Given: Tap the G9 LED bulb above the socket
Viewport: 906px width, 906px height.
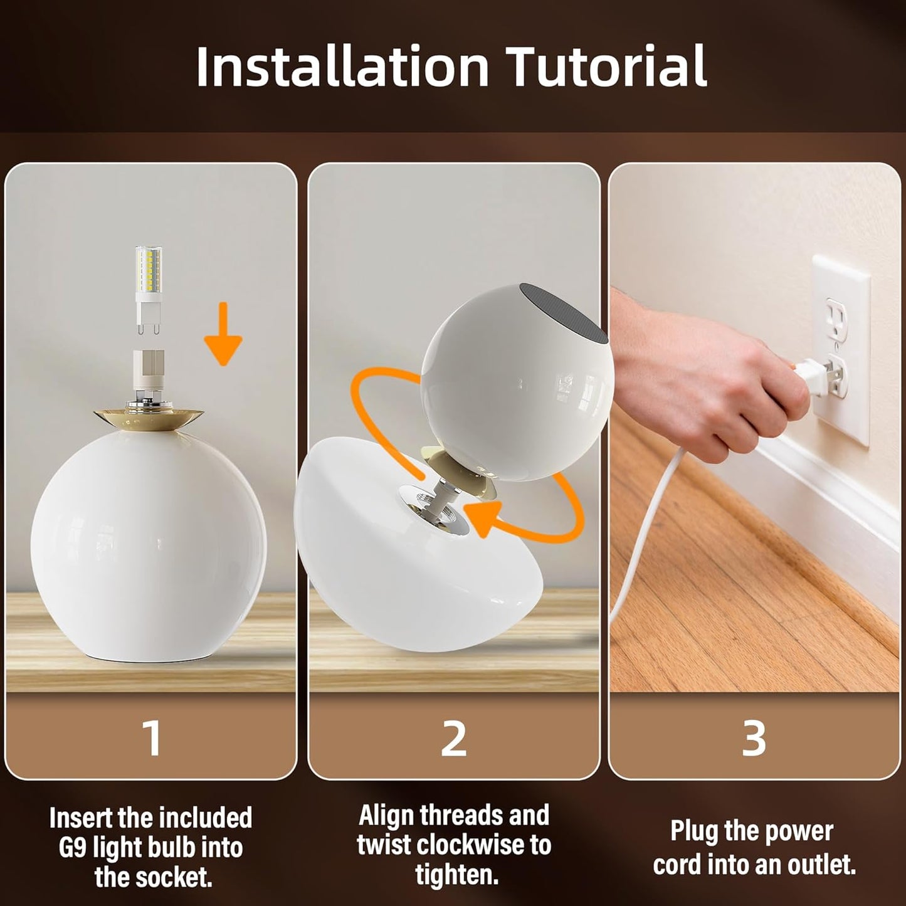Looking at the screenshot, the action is pyautogui.click(x=148, y=289).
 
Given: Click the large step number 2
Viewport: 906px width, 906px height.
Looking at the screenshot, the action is pyautogui.click(x=453, y=739).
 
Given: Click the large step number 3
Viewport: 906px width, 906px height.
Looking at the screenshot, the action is pyautogui.click(x=754, y=739).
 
